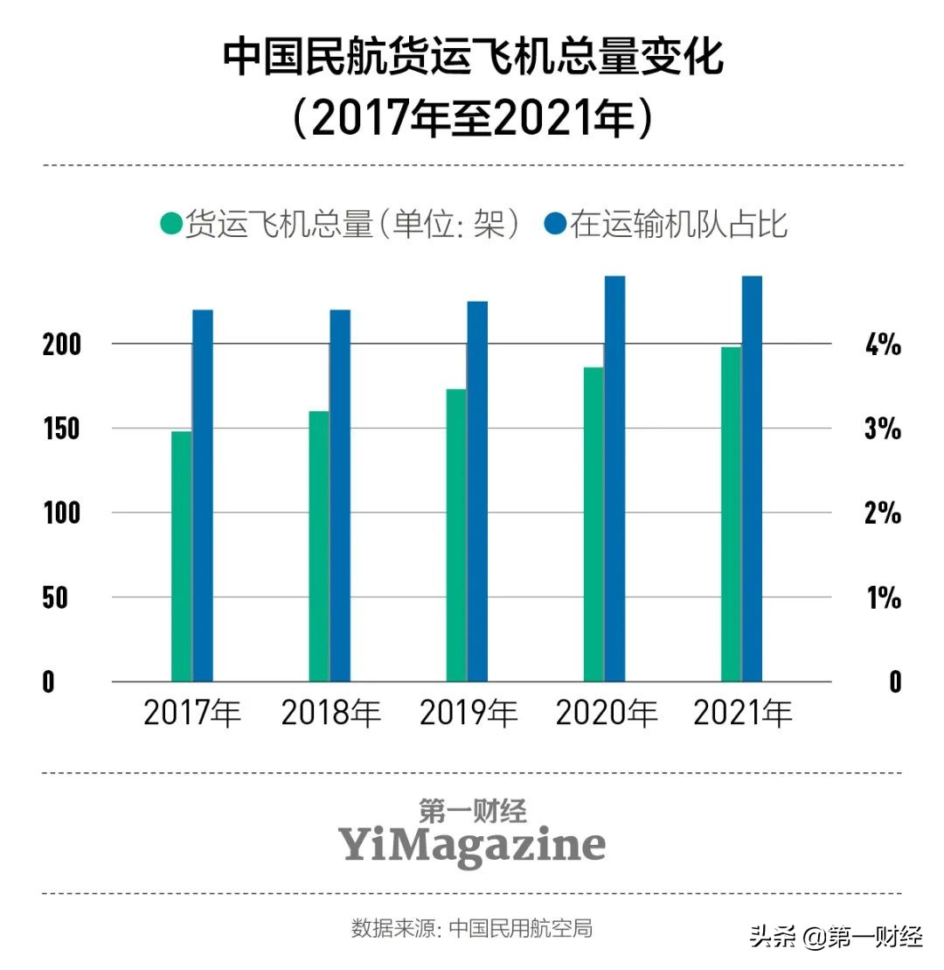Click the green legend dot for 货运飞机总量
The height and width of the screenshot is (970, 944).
[171, 224]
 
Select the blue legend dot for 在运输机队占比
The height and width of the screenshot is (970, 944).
[555, 224]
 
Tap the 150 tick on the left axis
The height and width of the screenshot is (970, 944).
[61, 429]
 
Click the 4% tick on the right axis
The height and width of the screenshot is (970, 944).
[882, 345]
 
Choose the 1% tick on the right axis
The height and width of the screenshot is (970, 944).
[882, 598]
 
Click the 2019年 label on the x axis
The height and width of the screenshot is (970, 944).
[469, 714]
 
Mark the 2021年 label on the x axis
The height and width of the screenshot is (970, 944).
[743, 714]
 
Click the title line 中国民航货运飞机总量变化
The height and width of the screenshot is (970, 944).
[473, 58]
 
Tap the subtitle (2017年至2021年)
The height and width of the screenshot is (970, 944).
[473, 119]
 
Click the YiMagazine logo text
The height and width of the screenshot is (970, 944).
[472, 846]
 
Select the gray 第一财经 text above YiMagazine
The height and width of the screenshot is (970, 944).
[472, 811]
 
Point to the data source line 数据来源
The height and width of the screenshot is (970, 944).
[472, 928]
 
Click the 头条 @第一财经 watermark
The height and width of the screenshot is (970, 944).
[836, 939]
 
